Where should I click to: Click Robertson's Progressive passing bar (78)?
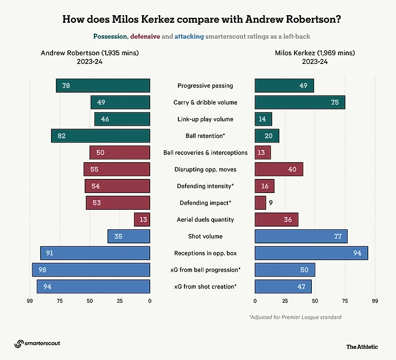click(x=103, y=86)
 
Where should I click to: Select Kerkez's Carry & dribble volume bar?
click(x=299, y=102)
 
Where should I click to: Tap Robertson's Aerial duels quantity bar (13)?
click(x=142, y=220)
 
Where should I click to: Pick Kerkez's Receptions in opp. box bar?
click(x=311, y=253)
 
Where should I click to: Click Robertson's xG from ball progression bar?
click(x=91, y=269)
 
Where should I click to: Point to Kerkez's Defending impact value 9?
click(x=271, y=203)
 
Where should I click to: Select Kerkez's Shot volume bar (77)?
click(x=301, y=236)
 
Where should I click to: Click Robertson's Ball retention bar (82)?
click(x=100, y=136)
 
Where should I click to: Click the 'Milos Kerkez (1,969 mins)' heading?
click(x=308, y=53)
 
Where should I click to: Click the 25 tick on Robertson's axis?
click(x=120, y=300)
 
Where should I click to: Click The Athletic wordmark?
click(x=362, y=346)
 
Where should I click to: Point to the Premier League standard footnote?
click(x=295, y=317)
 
